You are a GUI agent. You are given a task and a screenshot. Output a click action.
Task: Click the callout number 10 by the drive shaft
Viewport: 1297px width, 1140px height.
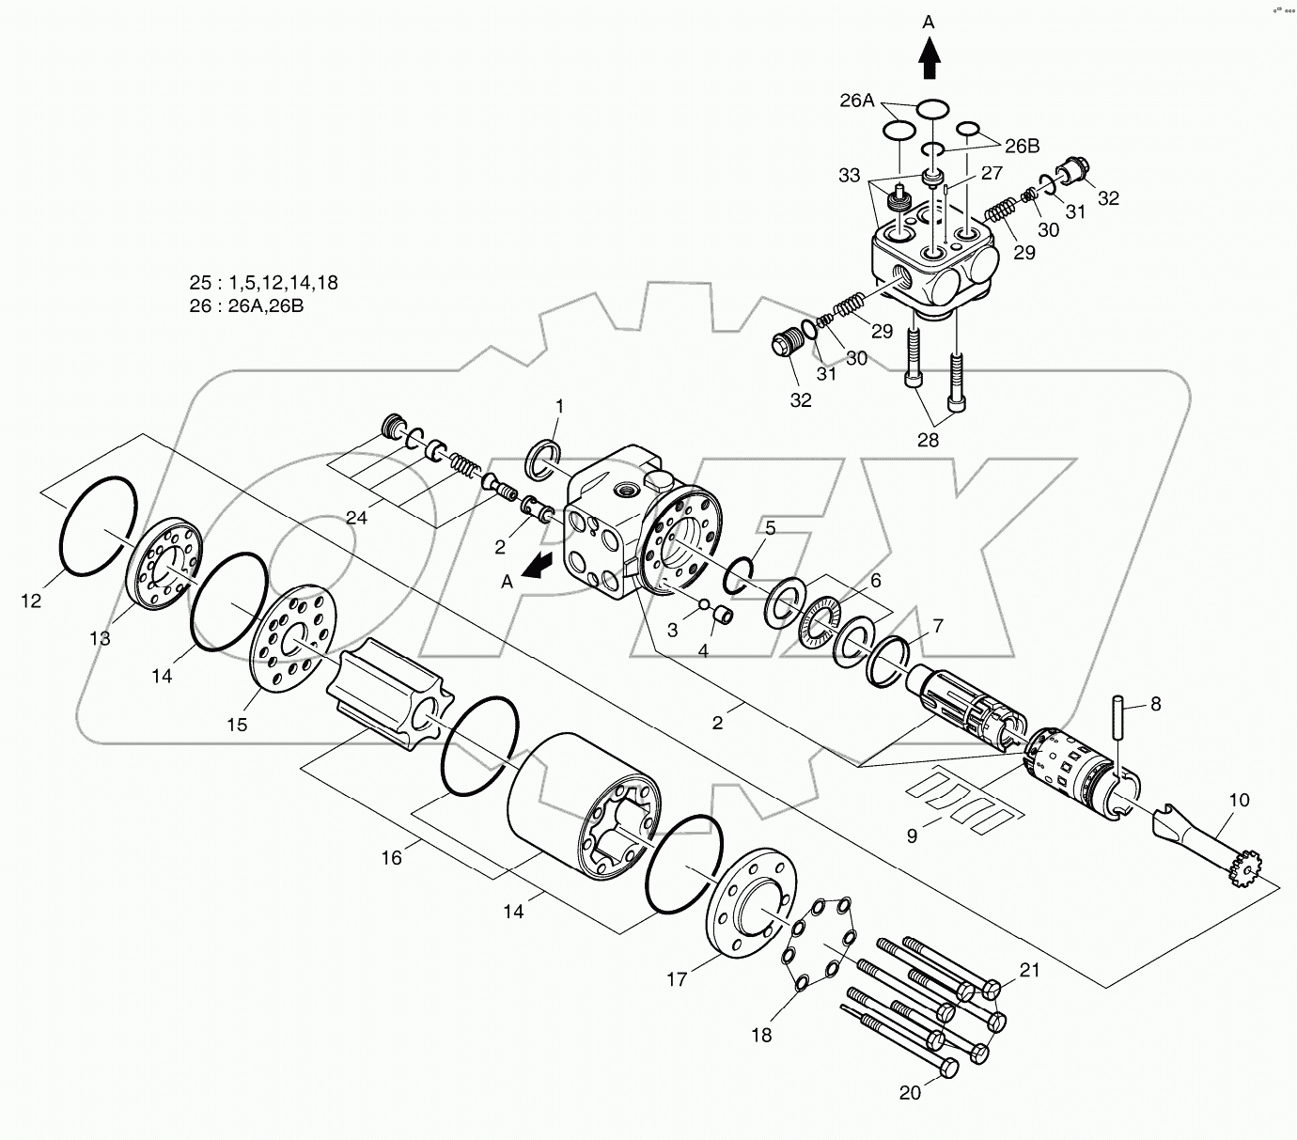point(1239,800)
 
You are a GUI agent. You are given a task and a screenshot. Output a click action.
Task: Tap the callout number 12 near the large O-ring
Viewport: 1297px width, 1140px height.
point(31,601)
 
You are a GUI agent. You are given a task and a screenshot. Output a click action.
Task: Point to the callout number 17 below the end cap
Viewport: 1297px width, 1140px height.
point(678,979)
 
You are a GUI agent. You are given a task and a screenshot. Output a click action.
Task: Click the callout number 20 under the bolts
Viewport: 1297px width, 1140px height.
point(911,1092)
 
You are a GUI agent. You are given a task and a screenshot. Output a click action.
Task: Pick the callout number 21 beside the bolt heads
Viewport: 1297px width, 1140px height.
point(1030,970)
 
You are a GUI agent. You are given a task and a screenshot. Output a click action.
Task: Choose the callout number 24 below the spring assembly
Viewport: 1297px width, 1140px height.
point(356,517)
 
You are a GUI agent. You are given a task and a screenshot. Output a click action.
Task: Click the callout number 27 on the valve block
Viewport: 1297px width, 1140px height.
point(992,173)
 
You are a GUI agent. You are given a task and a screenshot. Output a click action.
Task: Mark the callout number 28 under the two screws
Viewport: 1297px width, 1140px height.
point(928,439)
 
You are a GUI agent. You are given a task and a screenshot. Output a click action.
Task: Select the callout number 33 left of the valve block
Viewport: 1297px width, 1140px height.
point(850,175)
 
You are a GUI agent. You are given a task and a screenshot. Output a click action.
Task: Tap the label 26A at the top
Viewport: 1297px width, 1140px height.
point(856,101)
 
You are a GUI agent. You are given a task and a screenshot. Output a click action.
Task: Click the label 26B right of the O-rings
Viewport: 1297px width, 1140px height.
point(1022,146)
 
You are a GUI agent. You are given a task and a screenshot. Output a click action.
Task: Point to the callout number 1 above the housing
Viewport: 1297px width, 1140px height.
point(559,406)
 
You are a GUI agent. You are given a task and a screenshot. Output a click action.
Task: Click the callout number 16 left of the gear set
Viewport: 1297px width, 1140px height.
point(391,857)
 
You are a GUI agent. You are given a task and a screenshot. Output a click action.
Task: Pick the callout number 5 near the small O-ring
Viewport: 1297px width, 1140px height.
point(770,527)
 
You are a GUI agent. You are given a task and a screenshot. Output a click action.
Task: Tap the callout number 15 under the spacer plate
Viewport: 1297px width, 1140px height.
point(237,724)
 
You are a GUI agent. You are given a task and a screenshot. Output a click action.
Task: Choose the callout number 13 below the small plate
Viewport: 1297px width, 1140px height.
point(100,638)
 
